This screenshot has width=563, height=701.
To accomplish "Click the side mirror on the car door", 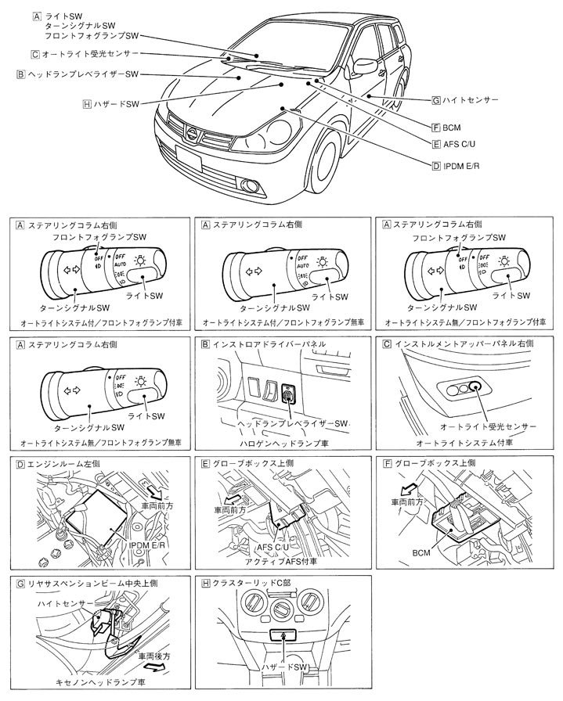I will [364, 65].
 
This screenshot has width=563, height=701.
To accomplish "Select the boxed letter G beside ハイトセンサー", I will [435, 100].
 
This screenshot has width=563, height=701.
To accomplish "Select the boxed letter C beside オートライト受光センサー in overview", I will [35, 54].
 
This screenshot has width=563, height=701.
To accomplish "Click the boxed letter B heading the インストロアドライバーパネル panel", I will [206, 343].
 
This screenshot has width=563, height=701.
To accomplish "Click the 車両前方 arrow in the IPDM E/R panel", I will [150, 491].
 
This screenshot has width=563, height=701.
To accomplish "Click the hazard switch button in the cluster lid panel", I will [283, 637].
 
